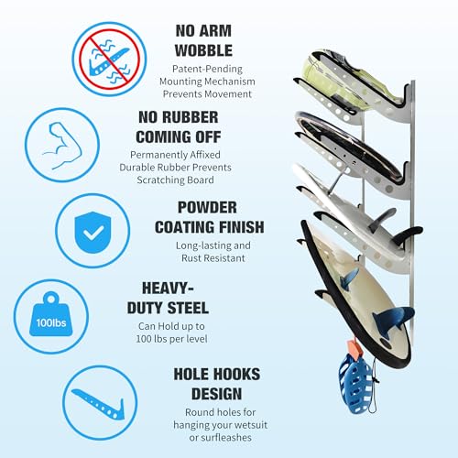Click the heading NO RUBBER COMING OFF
(x=216, y=128)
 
